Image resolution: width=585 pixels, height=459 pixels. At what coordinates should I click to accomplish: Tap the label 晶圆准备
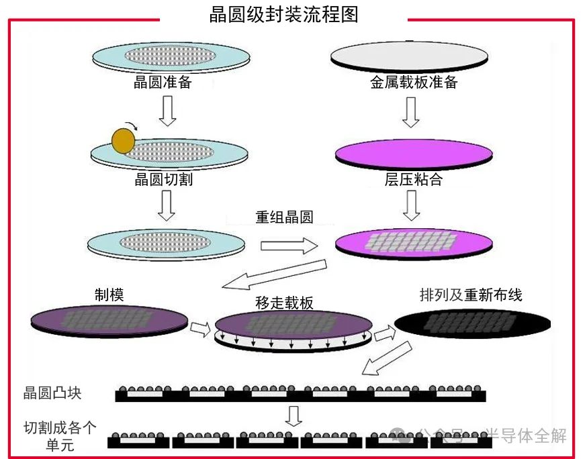163,83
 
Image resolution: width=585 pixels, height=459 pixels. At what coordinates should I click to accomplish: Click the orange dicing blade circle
124,140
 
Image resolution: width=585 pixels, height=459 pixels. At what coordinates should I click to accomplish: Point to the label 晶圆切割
163,179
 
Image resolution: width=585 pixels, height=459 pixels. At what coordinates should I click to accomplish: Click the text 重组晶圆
284,217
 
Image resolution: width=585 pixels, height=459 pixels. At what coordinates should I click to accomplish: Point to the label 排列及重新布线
470,295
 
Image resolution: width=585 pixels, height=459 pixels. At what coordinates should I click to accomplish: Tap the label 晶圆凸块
52,393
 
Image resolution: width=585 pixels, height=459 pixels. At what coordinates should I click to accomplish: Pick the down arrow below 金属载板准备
411,112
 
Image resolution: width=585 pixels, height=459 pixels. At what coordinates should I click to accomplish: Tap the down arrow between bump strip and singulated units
293,415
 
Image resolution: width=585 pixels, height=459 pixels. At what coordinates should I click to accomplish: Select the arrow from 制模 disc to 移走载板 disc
200,328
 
